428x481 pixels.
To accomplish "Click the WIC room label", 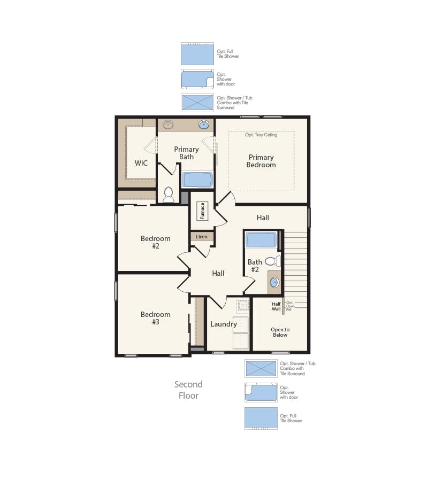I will [x=141, y=163].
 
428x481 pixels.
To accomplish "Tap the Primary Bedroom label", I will [x=261, y=161].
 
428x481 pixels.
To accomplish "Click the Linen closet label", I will [x=202, y=236].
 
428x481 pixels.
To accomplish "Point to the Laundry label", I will [x=224, y=324].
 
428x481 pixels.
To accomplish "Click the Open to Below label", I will [x=280, y=332].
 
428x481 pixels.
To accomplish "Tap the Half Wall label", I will [x=276, y=306].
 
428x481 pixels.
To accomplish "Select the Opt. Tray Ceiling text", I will [x=261, y=135].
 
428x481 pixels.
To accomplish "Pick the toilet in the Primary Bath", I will [x=169, y=194].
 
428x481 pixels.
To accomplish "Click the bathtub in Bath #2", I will [x=261, y=239].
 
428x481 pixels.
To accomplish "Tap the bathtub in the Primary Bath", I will [x=198, y=179].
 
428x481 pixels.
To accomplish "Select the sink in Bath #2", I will [x=274, y=283].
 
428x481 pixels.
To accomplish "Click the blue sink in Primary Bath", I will [x=204, y=125].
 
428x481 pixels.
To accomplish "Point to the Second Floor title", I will [x=188, y=390].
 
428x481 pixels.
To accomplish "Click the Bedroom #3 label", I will [x=156, y=318].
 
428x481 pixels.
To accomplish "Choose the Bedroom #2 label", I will [x=156, y=242].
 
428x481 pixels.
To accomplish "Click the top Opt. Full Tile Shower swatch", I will [x=197, y=54].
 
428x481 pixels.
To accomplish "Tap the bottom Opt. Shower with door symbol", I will [x=261, y=393].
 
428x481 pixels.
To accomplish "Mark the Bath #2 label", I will [x=255, y=266].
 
